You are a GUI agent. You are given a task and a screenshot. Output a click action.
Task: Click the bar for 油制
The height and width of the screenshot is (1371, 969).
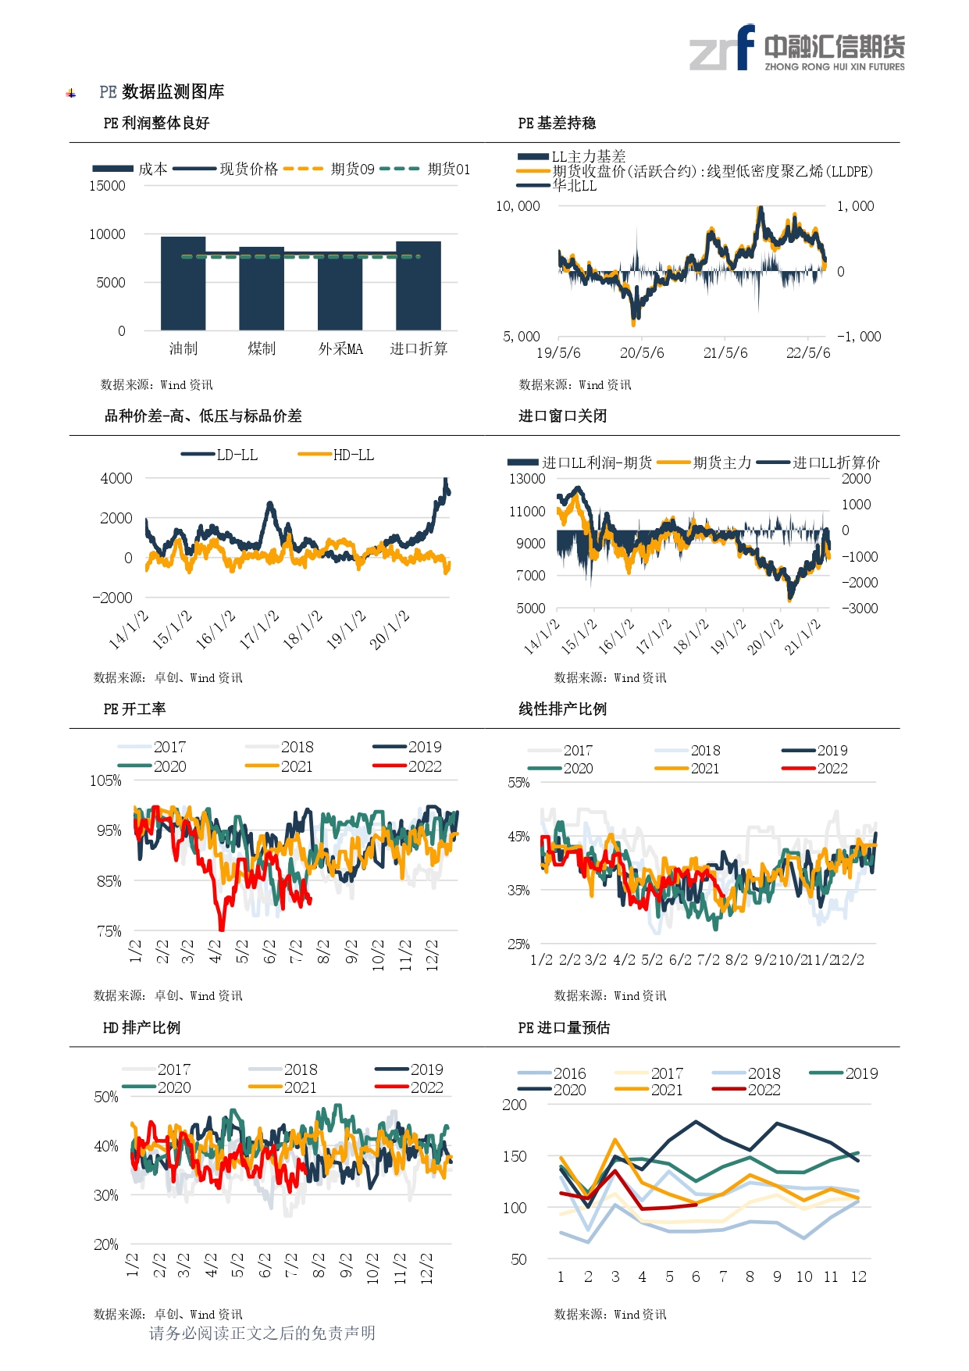pyautogui.click(x=183, y=283)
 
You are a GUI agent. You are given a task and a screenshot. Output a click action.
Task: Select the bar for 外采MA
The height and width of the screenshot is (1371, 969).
pyautogui.click(x=340, y=293)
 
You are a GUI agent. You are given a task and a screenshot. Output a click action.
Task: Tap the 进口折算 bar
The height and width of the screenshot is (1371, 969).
pyautogui.click(x=419, y=285)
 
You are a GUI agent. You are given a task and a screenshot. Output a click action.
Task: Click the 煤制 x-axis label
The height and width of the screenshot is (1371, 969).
pyautogui.click(x=262, y=348)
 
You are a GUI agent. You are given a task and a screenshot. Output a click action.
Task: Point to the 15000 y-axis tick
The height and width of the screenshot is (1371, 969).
pyautogui.click(x=107, y=186)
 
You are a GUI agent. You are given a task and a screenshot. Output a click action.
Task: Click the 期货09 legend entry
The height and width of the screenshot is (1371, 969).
pyautogui.click(x=329, y=169)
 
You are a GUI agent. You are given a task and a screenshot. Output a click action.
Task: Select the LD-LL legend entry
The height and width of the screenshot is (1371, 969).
pyautogui.click(x=219, y=455)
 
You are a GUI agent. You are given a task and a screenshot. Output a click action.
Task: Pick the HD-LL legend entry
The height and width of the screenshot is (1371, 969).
pyautogui.click(x=336, y=455)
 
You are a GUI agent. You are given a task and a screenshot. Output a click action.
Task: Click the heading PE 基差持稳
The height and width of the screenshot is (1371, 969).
pyautogui.click(x=557, y=123)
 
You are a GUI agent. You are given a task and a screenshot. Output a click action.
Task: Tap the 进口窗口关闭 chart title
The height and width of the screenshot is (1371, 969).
pyautogui.click(x=562, y=416)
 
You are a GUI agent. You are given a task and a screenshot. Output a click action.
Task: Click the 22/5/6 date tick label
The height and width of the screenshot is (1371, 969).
pyautogui.click(x=808, y=353)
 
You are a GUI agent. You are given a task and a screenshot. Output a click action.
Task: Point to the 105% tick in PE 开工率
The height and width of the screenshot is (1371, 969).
pyautogui.click(x=105, y=780)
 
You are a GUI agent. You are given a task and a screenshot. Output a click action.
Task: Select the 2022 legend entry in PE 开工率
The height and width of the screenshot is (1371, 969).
pyautogui.click(x=407, y=766)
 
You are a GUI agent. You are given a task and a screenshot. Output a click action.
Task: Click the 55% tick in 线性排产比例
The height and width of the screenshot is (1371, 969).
pyautogui.click(x=518, y=783)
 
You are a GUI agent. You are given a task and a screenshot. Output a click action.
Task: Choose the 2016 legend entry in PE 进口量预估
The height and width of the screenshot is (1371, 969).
pyautogui.click(x=551, y=1073)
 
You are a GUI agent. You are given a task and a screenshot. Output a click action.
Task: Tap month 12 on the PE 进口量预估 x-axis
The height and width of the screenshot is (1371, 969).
pyautogui.click(x=858, y=1276)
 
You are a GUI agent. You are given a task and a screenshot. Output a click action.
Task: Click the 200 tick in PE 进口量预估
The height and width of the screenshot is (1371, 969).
pyautogui.click(x=515, y=1105)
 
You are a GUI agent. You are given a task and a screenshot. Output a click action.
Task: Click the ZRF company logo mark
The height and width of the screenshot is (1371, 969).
pyautogui.click(x=722, y=48)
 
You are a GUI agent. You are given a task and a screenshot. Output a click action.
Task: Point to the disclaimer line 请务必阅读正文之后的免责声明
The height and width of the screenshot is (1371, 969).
pyautogui.click(x=262, y=1333)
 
